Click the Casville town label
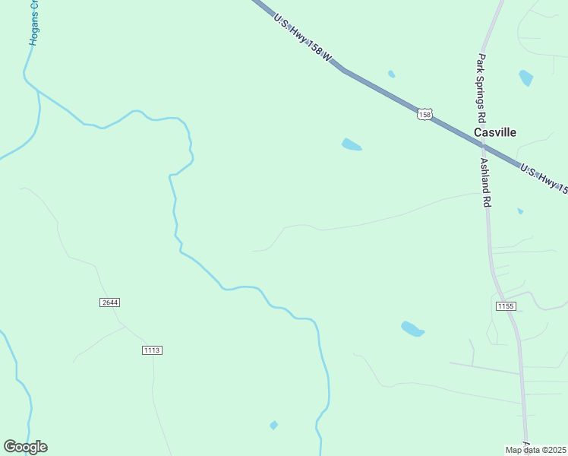click(x=494, y=132)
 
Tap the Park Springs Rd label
click(x=481, y=90)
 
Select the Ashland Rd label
click(x=487, y=182)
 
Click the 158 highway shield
click(x=424, y=114)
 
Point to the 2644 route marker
click(x=109, y=302)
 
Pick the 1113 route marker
click(x=152, y=350)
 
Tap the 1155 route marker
click(x=506, y=306)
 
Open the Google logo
click(x=25, y=447)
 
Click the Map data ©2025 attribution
click(x=536, y=450)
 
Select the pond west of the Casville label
click(x=351, y=144)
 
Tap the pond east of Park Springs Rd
click(x=525, y=78)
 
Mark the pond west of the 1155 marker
click(x=412, y=329)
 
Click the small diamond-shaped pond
click(x=273, y=425)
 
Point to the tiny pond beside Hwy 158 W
click(x=391, y=74)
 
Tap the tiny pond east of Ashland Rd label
click(x=520, y=211)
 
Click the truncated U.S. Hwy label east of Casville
click(x=544, y=178)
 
